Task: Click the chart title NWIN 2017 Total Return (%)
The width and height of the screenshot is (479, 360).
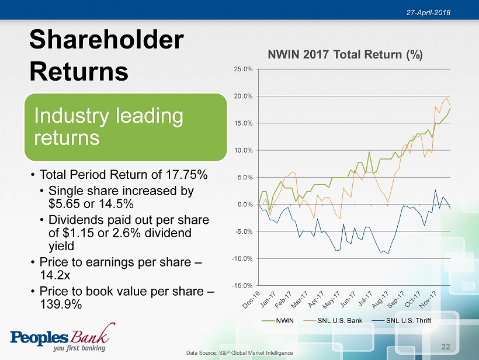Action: click(345, 55)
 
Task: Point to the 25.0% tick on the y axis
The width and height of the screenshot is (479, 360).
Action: click(243, 70)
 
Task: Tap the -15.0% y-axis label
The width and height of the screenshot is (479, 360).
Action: click(242, 285)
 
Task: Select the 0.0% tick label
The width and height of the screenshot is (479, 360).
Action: click(244, 204)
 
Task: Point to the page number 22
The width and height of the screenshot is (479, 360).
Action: click(446, 347)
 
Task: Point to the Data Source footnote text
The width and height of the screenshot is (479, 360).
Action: click(239, 353)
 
